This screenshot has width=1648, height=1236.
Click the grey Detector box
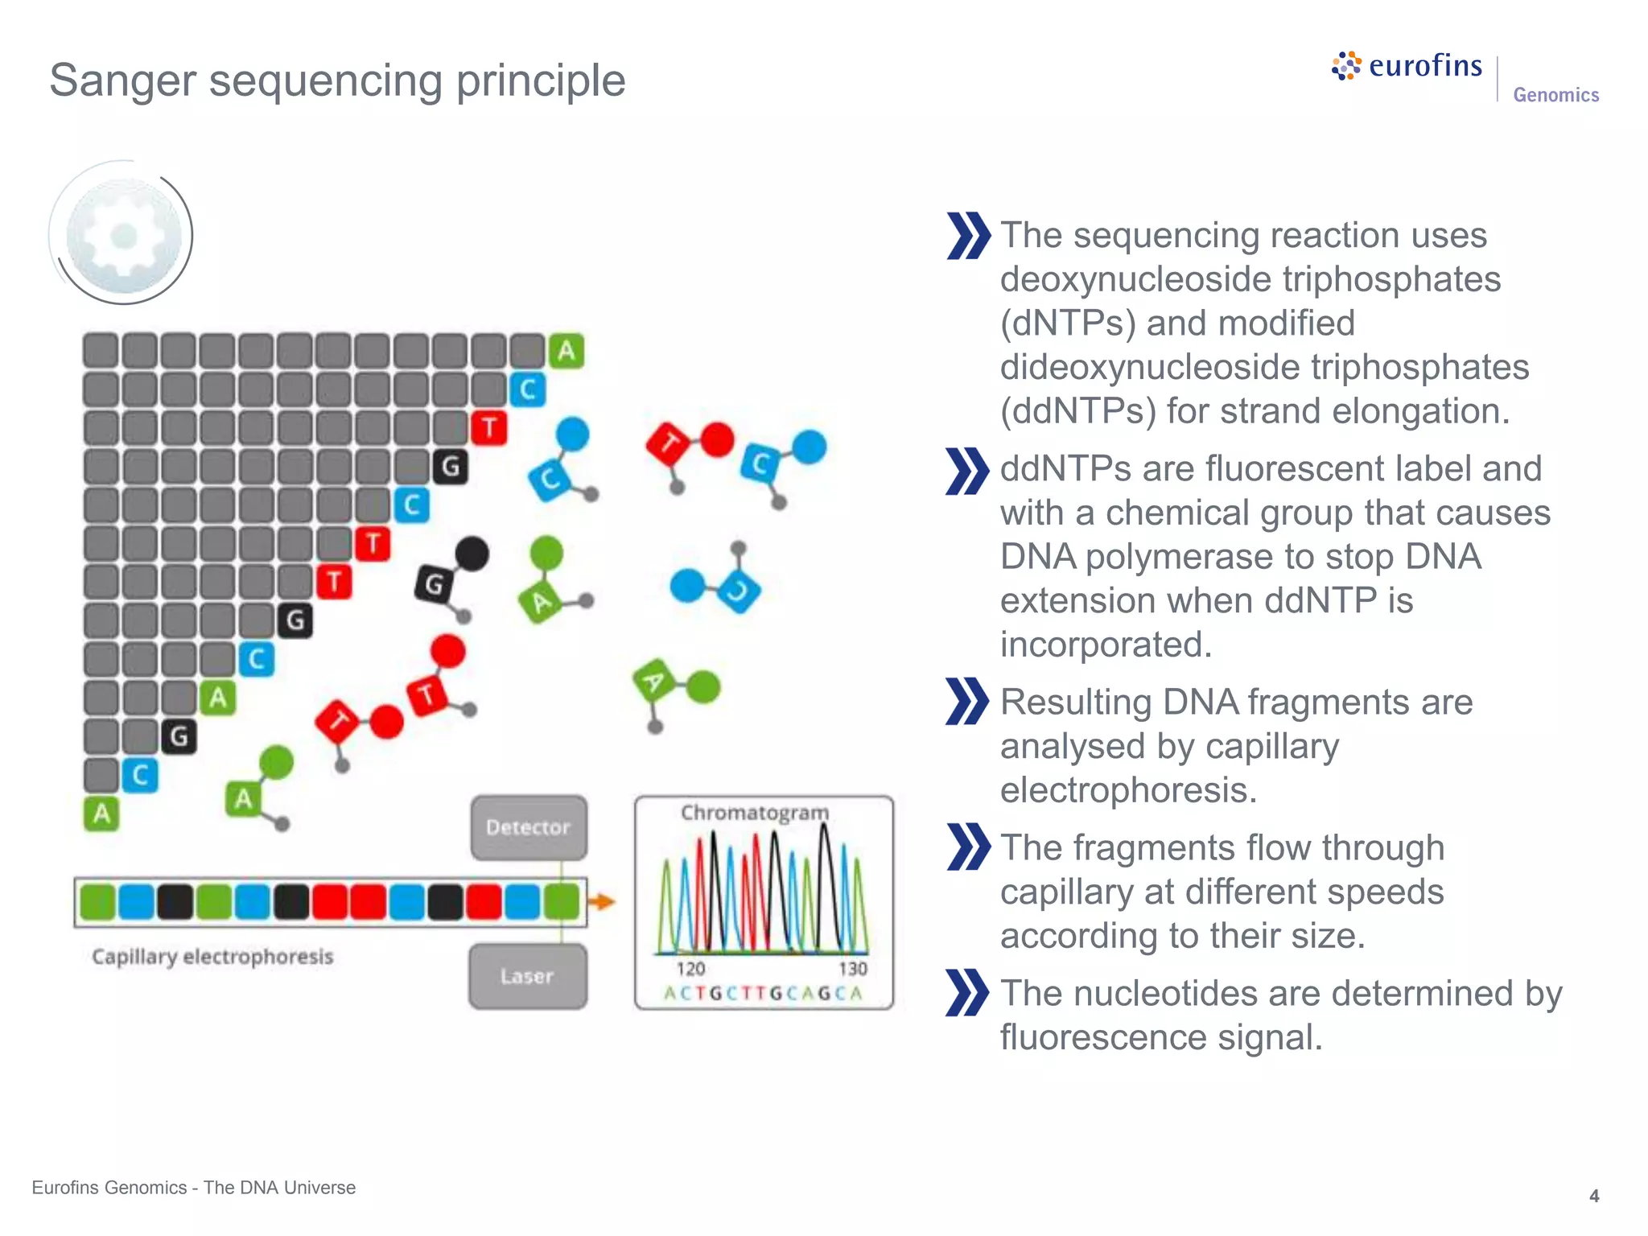coord(529,827)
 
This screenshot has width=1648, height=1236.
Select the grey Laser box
coord(528,976)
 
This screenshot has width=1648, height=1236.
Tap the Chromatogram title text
coord(754,813)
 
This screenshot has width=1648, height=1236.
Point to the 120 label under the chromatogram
coord(690,969)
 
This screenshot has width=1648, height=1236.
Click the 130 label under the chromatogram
coord(852,969)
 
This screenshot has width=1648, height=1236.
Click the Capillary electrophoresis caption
coord(212,957)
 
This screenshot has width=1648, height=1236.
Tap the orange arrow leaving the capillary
coord(602,902)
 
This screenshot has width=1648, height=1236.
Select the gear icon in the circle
coord(123,236)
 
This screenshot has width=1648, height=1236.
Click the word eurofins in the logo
coord(1425,66)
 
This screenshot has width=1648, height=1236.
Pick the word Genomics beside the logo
coord(1555,95)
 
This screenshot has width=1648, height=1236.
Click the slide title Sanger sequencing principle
coord(337,80)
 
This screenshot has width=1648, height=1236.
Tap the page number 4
coord(1593,1197)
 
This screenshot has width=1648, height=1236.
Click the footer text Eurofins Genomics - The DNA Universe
coord(194,1188)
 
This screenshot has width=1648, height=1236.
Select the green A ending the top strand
coord(566,351)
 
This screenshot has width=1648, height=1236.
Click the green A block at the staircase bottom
coord(101,814)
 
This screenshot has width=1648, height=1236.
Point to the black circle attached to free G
coord(472,554)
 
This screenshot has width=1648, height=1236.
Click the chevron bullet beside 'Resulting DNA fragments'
coord(967,701)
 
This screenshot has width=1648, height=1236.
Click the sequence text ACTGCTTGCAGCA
coord(763,994)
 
